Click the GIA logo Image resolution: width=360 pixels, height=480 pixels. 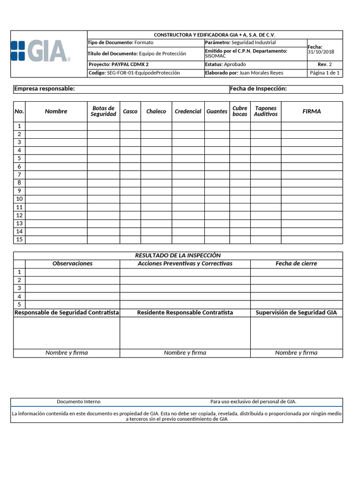(x=41, y=51)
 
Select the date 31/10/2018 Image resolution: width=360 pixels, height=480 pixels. (x=321, y=52)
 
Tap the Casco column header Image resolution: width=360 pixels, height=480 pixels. (x=130, y=112)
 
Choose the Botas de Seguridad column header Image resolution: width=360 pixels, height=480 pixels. (x=103, y=112)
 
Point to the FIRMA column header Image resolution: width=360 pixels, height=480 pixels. (x=312, y=112)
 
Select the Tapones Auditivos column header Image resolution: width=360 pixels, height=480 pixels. (x=266, y=112)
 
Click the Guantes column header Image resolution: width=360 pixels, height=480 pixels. (x=217, y=112)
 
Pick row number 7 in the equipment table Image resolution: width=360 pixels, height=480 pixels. (x=19, y=175)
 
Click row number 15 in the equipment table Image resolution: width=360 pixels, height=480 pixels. (x=19, y=240)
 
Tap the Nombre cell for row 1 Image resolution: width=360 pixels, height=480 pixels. (x=56, y=126)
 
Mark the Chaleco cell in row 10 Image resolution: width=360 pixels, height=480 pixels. (x=156, y=199)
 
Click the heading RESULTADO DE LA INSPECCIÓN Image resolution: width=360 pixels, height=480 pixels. (x=178, y=255)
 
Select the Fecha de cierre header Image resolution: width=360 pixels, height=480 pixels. (x=296, y=263)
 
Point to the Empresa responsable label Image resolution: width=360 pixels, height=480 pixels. (x=45, y=89)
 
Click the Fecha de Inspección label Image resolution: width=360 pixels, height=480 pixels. (x=258, y=89)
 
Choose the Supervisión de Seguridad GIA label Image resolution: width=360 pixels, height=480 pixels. (x=296, y=313)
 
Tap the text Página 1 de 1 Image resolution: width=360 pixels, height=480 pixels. (x=325, y=73)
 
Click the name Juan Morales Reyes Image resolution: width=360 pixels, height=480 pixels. (x=261, y=73)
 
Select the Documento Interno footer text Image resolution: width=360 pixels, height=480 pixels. (x=79, y=402)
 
